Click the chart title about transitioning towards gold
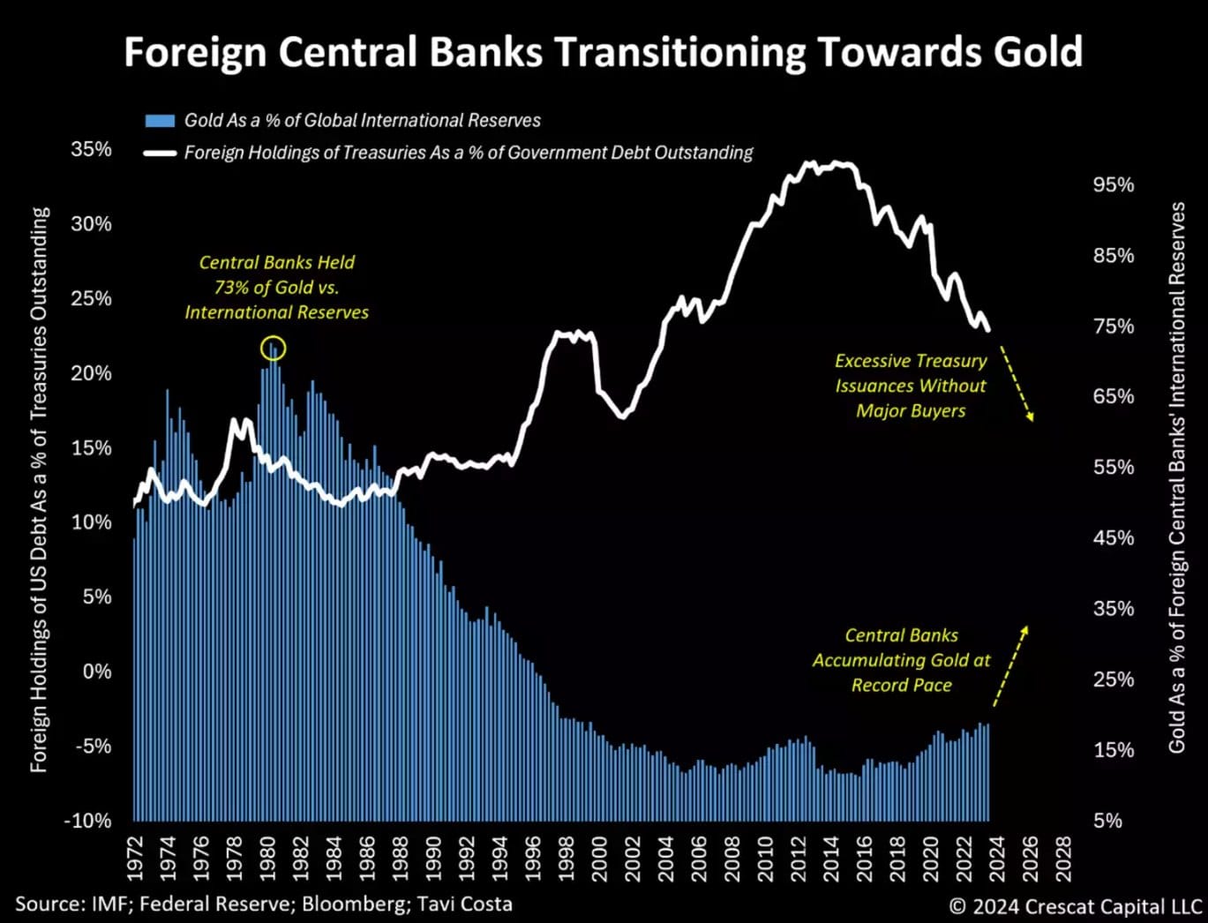tap(603, 53)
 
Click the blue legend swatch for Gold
tap(160, 121)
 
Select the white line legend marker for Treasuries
tap(160, 154)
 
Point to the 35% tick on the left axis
tap(92, 149)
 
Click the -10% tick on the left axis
tap(87, 821)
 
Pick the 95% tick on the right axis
tap(1113, 185)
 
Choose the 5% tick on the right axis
tap(1107, 821)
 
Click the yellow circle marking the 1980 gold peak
tap(274, 349)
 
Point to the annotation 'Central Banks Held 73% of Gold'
tap(277, 288)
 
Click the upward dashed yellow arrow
tap(1010, 666)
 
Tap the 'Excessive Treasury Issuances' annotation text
tap(911, 386)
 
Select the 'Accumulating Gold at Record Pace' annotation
tap(901, 660)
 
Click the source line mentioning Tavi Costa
tap(263, 904)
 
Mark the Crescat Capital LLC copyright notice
tap(1075, 906)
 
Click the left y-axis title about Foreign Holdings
tap(40, 490)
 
